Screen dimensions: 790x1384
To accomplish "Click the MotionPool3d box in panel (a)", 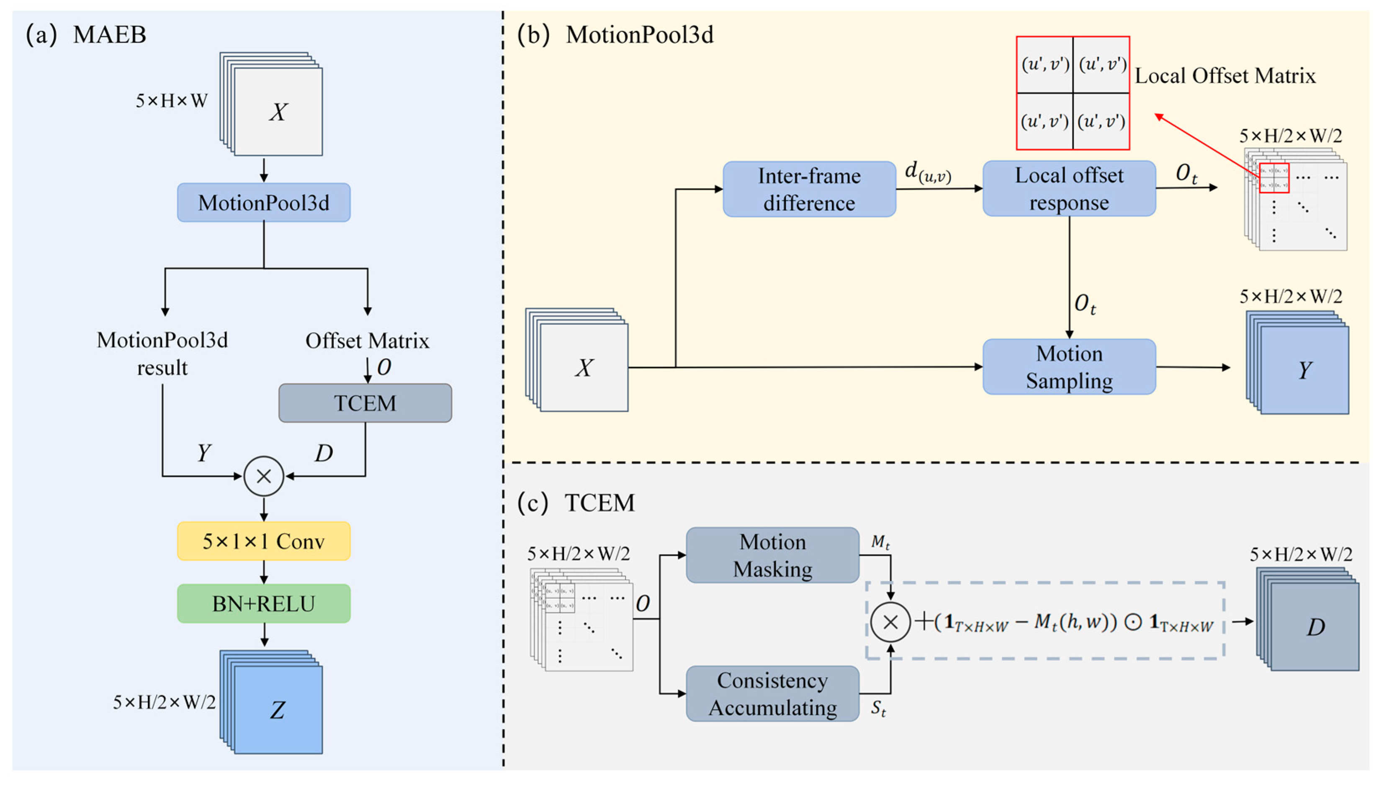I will pos(263,203).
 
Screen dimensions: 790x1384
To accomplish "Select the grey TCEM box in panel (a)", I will pos(365,403).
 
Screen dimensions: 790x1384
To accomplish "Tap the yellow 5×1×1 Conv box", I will pos(263,541).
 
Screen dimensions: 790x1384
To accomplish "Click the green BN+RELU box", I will pos(263,603).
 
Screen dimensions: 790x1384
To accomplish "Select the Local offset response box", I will pos(1069,188).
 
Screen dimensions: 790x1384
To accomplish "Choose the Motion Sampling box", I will pos(1069,367).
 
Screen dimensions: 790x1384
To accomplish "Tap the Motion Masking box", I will pos(772,555).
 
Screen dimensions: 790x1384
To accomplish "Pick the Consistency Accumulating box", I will pos(772,694).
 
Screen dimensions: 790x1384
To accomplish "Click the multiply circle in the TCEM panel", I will pos(890,622).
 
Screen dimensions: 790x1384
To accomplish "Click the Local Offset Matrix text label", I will pos(1225,75).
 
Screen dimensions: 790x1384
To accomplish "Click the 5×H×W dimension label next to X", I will pos(171,100).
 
